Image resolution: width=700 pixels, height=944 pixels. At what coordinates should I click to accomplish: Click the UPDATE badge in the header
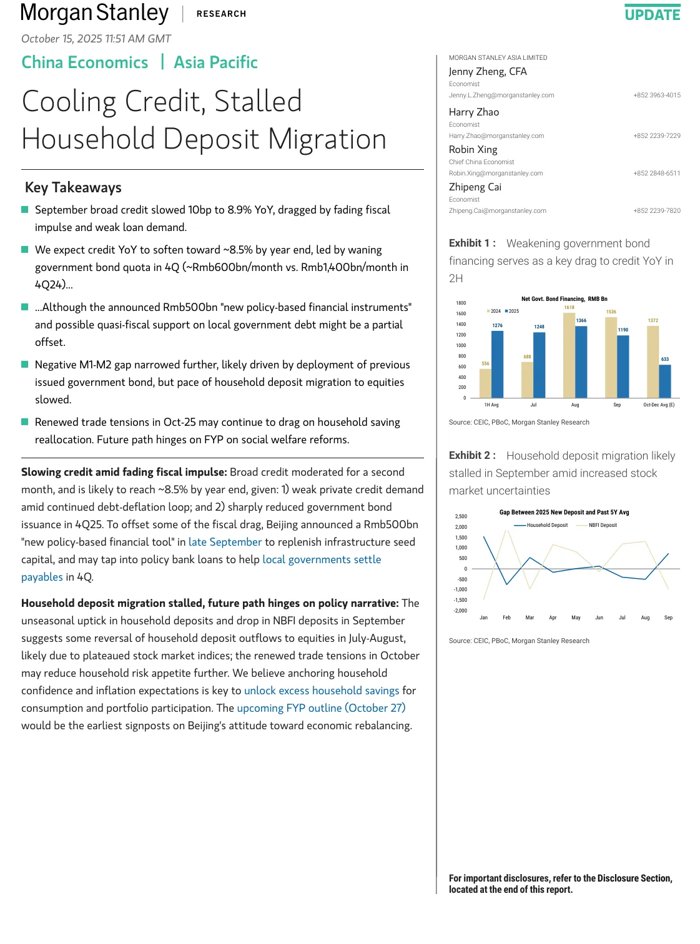click(x=653, y=14)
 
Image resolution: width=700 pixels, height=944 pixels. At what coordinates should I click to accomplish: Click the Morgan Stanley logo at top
click(x=94, y=13)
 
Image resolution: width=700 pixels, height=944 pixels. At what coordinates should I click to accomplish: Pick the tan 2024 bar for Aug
click(x=569, y=355)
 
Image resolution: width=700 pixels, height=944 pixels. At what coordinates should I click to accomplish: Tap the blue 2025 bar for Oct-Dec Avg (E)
click(x=665, y=381)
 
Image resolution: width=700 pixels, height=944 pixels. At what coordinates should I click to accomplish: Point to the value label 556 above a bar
click(x=485, y=363)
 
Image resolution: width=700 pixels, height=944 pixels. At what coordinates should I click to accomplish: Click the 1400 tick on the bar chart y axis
click(x=461, y=325)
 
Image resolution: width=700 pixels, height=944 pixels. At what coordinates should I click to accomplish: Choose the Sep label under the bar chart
click(x=617, y=405)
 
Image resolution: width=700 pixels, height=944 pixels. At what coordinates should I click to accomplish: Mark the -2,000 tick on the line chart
click(x=460, y=611)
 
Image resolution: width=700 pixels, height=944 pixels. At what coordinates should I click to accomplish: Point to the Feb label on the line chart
click(x=506, y=617)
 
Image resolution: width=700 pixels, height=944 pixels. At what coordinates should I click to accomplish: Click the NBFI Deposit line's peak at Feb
click(x=506, y=531)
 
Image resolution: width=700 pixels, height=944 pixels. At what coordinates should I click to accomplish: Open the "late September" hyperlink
click(x=225, y=542)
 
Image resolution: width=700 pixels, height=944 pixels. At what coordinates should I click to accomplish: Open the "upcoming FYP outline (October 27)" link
click(x=321, y=708)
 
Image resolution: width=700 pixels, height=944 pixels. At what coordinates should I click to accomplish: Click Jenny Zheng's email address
click(x=501, y=96)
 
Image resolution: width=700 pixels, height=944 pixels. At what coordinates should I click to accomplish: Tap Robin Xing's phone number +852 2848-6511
click(x=656, y=174)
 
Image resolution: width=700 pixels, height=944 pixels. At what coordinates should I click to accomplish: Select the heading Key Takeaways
click(x=73, y=188)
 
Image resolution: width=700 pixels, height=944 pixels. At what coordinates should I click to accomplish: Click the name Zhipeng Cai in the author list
click(x=475, y=187)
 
